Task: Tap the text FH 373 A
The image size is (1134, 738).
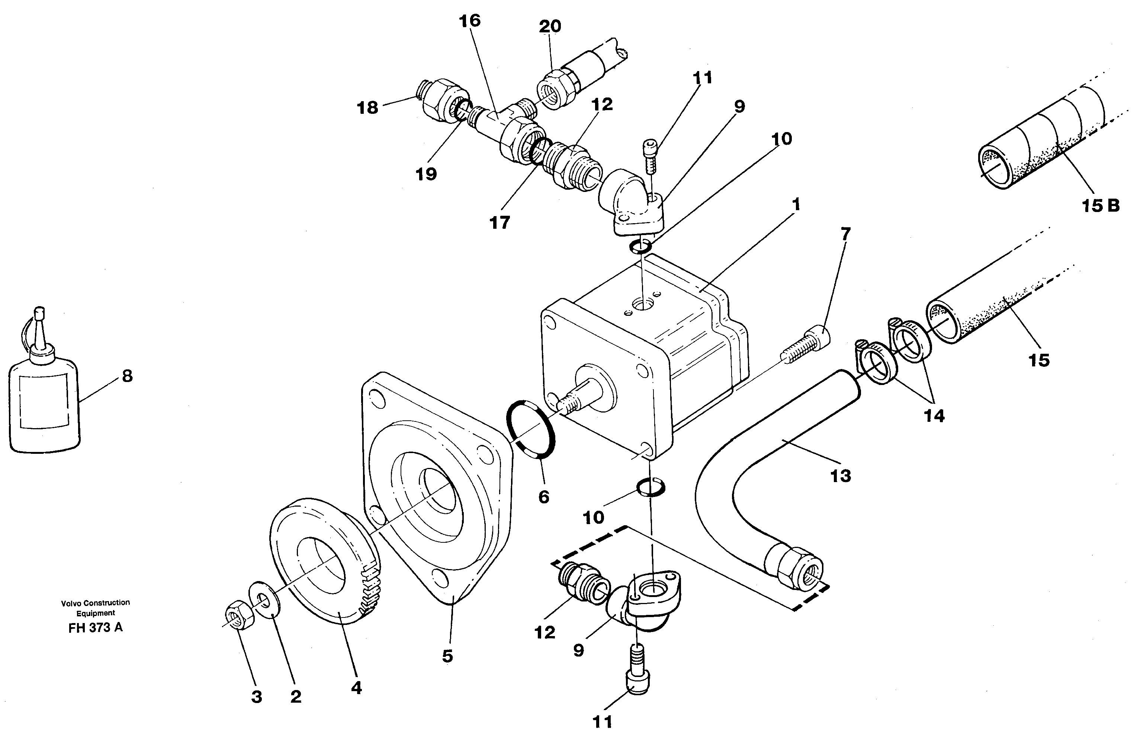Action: pyautogui.click(x=95, y=628)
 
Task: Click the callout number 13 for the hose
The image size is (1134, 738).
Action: pyautogui.click(x=841, y=475)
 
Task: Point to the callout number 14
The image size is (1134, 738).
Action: pyautogui.click(x=934, y=415)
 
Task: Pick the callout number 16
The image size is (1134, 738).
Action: pyautogui.click(x=469, y=20)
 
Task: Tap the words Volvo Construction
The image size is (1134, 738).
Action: pyautogui.click(x=95, y=603)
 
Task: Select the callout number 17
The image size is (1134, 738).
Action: pyautogui.click(x=499, y=222)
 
